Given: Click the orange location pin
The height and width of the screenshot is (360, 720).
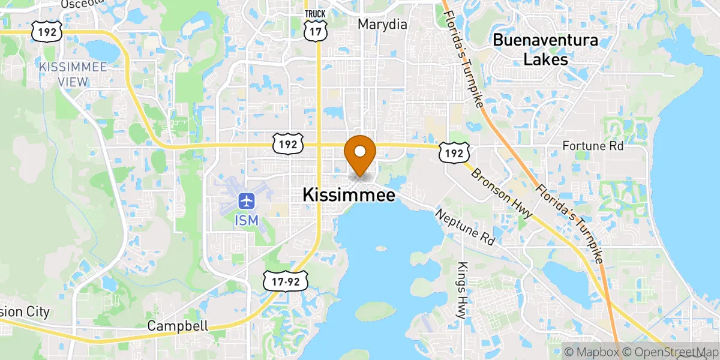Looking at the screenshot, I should coord(361,154).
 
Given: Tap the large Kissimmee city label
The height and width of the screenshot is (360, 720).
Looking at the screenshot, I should coord(349,195).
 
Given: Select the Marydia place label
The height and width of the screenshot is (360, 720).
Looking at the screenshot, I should coord(382,25).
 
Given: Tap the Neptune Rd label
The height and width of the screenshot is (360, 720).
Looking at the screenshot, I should coord(466,227).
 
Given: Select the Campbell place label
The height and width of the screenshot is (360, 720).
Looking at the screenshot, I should coord(179,326).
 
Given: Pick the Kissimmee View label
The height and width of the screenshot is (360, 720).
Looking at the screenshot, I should coord(73,73).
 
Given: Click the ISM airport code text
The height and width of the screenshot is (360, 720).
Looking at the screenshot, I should coord(246,220).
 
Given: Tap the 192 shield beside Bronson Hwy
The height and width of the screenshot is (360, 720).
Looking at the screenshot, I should coord(454,153).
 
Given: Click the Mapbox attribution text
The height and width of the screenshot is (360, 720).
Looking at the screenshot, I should coord(591,351).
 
